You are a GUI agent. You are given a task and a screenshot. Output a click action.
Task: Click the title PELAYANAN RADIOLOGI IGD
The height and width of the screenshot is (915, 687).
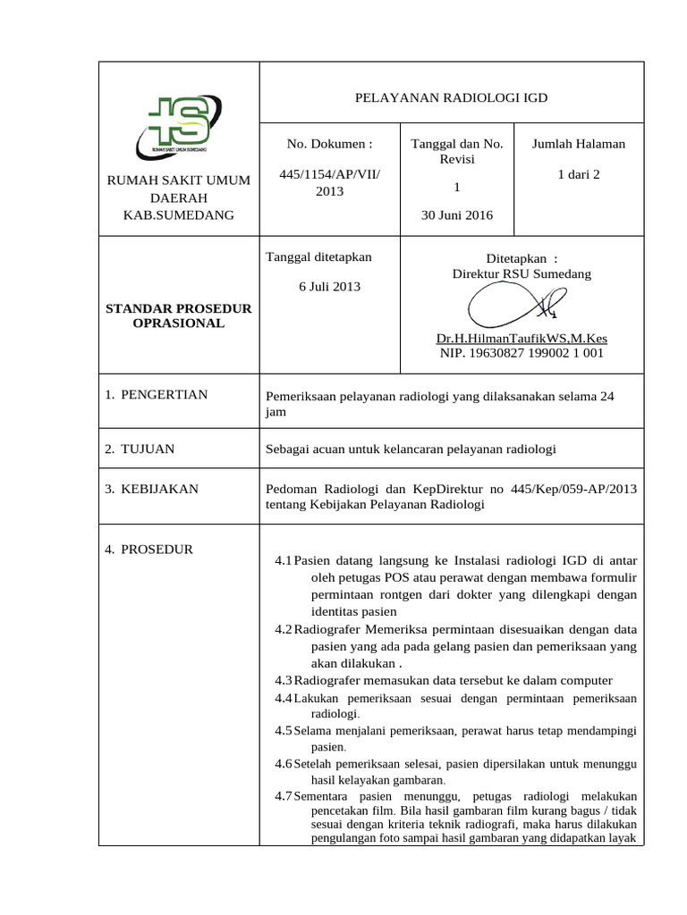click(451, 98)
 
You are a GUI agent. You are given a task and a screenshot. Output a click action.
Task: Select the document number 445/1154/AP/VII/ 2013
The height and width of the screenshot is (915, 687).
click(329, 183)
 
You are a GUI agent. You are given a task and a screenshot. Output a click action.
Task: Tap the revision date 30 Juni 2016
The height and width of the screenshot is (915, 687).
click(457, 215)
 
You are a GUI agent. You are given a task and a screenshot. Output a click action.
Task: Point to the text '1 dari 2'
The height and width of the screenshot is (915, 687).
click(578, 174)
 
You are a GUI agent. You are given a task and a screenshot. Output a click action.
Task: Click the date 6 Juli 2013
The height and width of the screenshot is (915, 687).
click(329, 286)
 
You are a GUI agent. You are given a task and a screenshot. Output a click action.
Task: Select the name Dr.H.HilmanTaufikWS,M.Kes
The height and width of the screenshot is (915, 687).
click(522, 340)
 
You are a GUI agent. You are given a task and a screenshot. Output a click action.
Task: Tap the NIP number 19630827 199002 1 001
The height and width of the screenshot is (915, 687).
click(522, 353)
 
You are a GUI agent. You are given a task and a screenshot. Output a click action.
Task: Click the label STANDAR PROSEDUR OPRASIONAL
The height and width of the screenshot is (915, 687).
click(179, 315)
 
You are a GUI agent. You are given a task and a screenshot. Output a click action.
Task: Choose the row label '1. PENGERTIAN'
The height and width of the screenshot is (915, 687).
click(157, 394)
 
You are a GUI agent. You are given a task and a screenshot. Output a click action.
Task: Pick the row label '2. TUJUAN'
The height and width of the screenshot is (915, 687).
click(140, 449)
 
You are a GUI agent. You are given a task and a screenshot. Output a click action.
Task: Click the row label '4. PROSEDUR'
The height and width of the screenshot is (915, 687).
click(149, 549)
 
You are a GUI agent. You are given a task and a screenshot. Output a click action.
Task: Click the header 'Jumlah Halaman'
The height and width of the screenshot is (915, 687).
click(578, 144)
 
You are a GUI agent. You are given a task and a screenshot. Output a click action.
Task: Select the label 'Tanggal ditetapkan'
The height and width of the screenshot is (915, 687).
click(318, 257)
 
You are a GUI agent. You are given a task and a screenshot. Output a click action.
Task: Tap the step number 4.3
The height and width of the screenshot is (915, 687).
click(284, 681)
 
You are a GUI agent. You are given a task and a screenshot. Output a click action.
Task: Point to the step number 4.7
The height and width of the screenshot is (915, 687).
click(284, 795)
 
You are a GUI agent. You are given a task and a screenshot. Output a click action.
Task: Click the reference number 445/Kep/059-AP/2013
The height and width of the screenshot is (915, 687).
click(574, 489)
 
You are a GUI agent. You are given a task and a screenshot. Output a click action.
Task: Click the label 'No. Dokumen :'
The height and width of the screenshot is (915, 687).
click(329, 144)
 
